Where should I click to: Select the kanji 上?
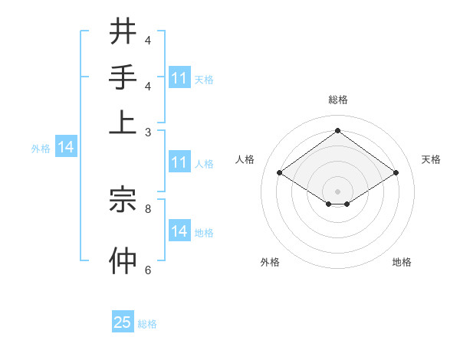123,122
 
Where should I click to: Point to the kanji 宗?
123,198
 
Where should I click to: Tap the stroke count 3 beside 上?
147,132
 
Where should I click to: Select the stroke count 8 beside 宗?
147,208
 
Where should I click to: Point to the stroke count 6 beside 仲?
147,270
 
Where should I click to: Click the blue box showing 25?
123,322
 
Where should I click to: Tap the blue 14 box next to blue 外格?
66,147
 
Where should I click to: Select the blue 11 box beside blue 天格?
179,77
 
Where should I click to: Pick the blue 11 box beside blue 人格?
179,162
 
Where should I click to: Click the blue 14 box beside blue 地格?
179,231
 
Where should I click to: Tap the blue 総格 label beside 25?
147,324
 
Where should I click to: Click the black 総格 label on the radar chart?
338,100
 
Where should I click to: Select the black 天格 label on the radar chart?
431,159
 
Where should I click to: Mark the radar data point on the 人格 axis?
279,173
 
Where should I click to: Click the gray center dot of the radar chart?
338,191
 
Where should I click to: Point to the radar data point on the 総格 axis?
338,129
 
